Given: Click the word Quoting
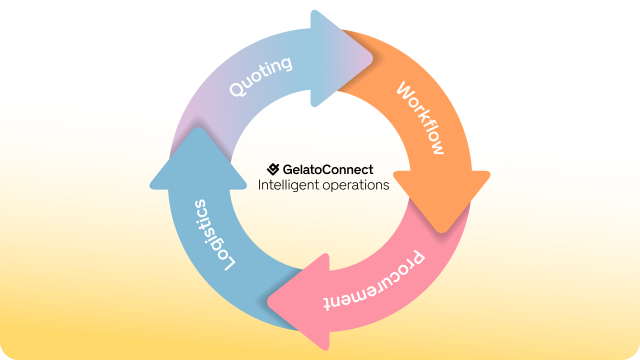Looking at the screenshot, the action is [261, 76].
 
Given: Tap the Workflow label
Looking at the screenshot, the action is [420, 117].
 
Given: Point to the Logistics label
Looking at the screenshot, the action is [213, 235].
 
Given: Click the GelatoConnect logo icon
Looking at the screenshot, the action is [273, 169].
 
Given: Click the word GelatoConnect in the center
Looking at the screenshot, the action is [328, 169].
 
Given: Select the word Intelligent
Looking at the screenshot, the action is [288, 185].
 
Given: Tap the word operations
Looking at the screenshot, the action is [355, 185].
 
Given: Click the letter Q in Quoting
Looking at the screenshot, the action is [238, 88].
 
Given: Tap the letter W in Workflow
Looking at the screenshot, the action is [405, 90].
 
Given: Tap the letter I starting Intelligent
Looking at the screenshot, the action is [259, 184].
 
